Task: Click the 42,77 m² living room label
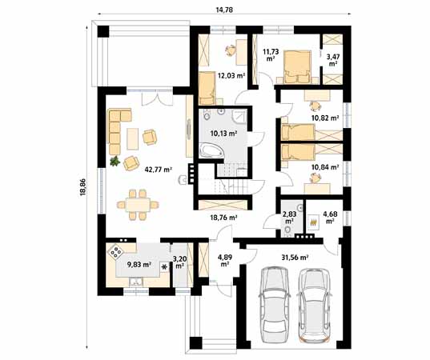tap(158, 170)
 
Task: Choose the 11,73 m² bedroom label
tap(270, 55)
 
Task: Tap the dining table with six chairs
tap(137, 203)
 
